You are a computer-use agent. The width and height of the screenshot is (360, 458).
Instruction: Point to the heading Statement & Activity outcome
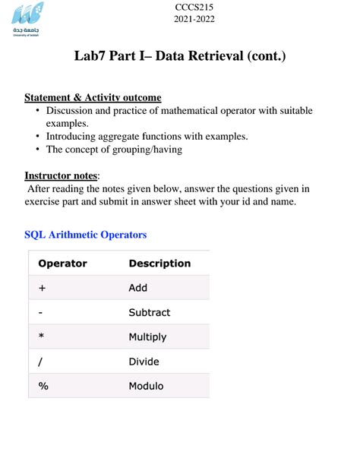click(93, 98)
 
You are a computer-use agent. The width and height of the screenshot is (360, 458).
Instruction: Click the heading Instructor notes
click(61, 175)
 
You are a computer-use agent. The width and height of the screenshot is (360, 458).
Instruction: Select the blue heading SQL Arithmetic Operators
click(86, 235)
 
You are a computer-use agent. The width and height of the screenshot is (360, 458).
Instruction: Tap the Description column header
click(159, 264)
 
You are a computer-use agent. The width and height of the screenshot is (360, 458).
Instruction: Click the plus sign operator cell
click(43, 288)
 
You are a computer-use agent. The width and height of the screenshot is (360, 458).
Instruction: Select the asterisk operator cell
click(42, 336)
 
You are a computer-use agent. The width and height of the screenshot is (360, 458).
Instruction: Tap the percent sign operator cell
click(43, 386)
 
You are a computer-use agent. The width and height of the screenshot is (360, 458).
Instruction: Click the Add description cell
click(138, 288)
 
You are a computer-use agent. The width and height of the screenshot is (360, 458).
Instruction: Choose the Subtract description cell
click(150, 312)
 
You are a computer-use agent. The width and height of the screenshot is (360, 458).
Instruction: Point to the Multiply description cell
click(147, 336)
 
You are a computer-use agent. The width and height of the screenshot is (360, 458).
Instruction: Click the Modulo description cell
click(146, 386)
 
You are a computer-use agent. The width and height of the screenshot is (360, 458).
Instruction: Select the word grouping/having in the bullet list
click(144, 150)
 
